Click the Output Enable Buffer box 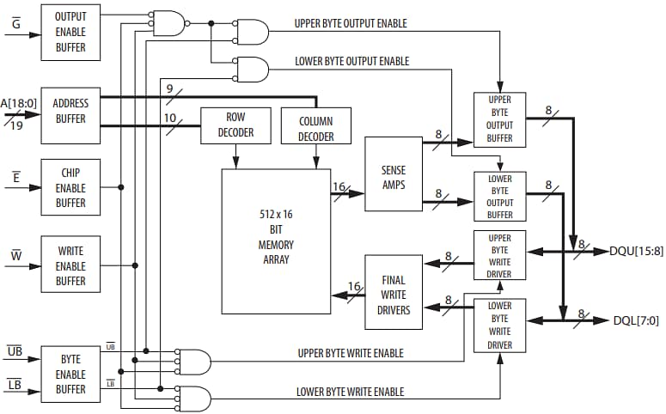[70, 31]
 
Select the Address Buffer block [70, 112]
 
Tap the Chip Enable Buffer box [70, 187]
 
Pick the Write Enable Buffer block [70, 265]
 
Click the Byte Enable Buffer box [70, 374]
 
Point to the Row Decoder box [235, 125]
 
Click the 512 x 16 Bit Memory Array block [276, 240]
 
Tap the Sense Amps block [393, 174]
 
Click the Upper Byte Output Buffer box [499, 119]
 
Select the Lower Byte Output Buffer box [499, 196]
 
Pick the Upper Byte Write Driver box [499, 256]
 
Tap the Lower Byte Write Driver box [499, 326]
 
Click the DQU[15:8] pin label [636, 252]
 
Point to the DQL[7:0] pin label [636, 320]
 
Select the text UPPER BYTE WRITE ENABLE [350, 353]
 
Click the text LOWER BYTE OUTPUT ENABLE [351, 61]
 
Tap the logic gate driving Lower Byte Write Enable [194, 399]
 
